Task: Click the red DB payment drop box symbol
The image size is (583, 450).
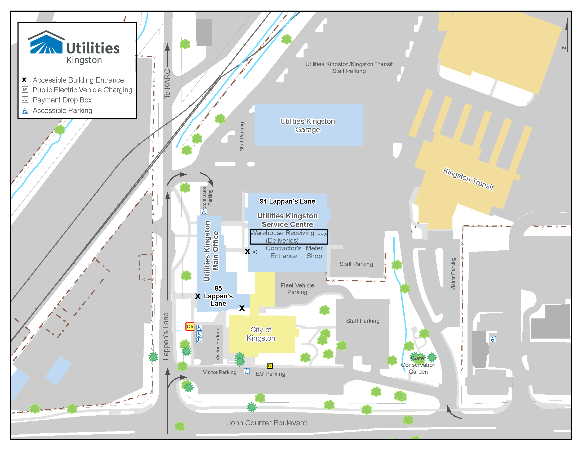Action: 190,326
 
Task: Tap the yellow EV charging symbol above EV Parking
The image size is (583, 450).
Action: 270,366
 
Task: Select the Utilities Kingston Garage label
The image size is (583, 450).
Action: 308,125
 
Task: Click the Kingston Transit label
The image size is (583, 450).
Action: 468,179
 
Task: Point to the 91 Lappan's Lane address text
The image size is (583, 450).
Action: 287,201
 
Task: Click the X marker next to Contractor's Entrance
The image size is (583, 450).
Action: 247,251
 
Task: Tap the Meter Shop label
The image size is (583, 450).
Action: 314,252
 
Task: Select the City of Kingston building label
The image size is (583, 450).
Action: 261,334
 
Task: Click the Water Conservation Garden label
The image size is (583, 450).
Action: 418,365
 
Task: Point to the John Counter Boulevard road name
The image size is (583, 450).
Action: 267,423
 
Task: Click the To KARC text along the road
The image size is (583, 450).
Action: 167,84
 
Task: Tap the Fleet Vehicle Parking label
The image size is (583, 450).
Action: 297,289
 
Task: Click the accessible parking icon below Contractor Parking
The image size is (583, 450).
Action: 204,212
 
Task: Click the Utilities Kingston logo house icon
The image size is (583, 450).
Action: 46,42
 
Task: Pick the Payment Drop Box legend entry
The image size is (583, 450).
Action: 62,100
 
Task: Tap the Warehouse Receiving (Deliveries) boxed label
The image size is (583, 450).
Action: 289,237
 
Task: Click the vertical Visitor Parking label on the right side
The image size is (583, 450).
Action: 453,274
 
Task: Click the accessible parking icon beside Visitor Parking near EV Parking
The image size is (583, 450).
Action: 247,372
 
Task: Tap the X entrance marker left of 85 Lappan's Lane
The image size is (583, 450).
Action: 198,296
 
